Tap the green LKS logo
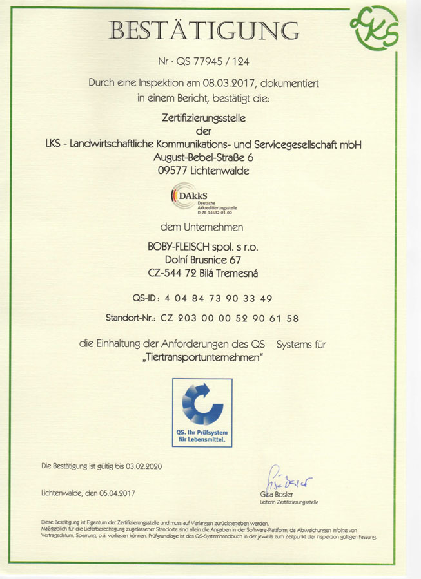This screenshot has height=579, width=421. click(x=375, y=29)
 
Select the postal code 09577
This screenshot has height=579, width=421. click(x=171, y=171)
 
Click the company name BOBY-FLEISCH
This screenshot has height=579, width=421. click(x=178, y=247)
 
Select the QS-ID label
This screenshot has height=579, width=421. click(x=146, y=298)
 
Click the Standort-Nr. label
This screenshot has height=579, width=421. click(x=130, y=318)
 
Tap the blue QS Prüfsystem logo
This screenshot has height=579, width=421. click(x=202, y=413)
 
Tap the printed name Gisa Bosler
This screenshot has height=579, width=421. click(x=275, y=494)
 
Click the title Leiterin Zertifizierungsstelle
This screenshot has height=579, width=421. click(x=289, y=502)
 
